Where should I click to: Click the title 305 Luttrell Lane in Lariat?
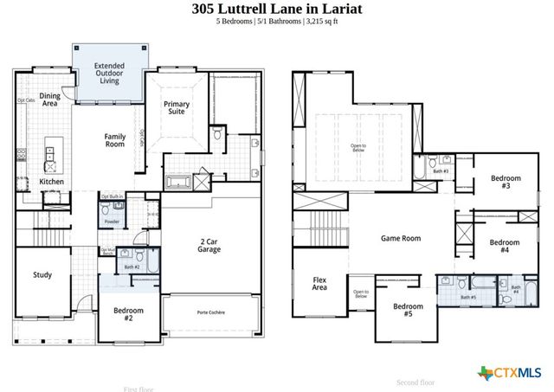pyautogui.click(x=276, y=9)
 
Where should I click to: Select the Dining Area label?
pyautogui.click(x=48, y=100)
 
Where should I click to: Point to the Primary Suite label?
pyautogui.click(x=177, y=108)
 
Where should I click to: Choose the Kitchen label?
pyautogui.click(x=51, y=182)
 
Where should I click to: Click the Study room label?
pyautogui.click(x=42, y=275)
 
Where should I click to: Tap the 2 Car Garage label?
pyautogui.click(x=209, y=245)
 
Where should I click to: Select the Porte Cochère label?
pyautogui.click(x=210, y=312)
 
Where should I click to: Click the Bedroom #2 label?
pyautogui.click(x=128, y=313)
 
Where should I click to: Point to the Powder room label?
pyautogui.click(x=112, y=222)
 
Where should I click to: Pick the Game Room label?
pyautogui.click(x=400, y=237)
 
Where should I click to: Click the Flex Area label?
pyautogui.click(x=319, y=284)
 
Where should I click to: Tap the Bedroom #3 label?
pyautogui.click(x=506, y=182)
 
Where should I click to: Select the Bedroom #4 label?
pyautogui.click(x=505, y=246)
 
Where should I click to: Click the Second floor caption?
pyautogui.click(x=415, y=382)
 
